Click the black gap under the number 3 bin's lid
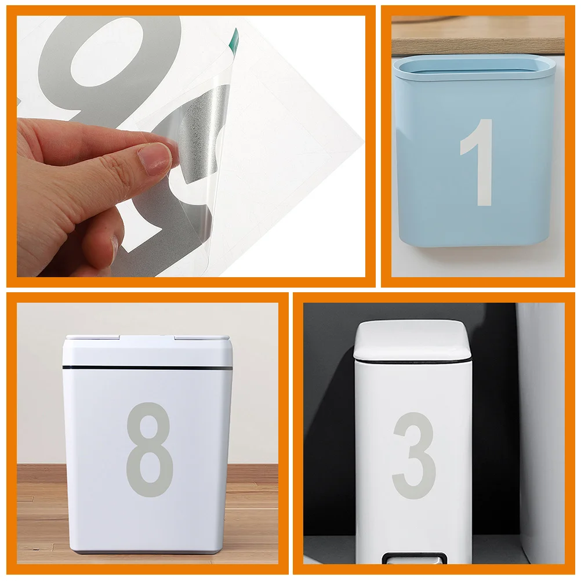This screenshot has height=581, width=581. pyautogui.click(x=413, y=361)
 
